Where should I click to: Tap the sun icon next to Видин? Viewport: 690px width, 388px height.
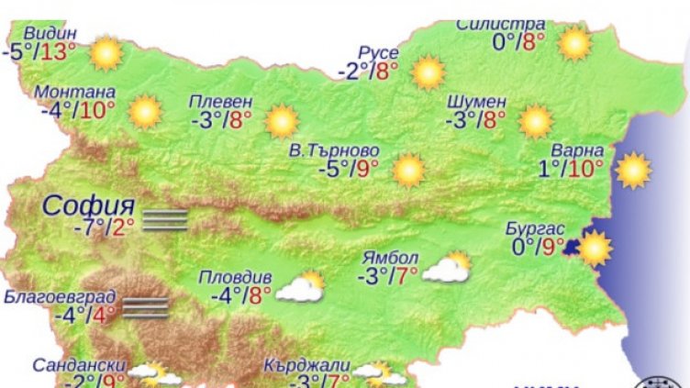(106, 52)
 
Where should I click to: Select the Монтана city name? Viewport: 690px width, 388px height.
(74, 93)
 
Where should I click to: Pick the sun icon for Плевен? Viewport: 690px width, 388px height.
(282, 120)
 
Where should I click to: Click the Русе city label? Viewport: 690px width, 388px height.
(379, 53)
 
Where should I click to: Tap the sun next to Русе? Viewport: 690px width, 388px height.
(428, 72)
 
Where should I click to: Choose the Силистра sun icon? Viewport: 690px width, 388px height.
(575, 42)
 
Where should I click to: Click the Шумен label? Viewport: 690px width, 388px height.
(475, 101)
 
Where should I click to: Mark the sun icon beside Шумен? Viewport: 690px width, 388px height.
(535, 120)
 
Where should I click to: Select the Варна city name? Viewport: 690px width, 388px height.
(578, 150)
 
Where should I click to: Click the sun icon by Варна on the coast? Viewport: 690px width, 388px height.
(632, 170)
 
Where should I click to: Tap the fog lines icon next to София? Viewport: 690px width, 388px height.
(166, 219)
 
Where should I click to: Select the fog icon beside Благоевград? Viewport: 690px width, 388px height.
(145, 307)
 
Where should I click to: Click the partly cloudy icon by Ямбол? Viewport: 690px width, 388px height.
(446, 267)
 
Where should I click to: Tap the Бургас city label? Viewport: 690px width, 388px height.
(534, 229)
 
